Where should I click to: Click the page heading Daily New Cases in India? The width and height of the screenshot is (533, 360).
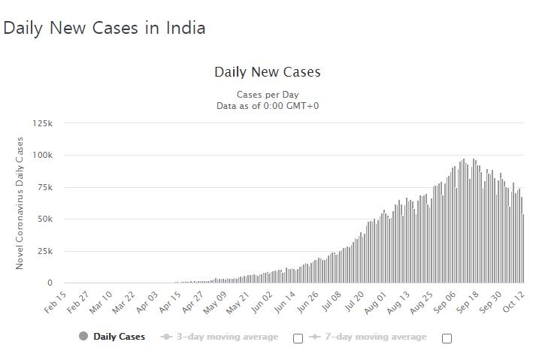(x=104, y=28)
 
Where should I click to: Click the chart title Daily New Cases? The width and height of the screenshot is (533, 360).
(x=267, y=72)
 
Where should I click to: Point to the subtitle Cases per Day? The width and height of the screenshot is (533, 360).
(x=267, y=95)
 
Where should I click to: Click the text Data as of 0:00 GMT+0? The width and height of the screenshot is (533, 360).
(x=267, y=106)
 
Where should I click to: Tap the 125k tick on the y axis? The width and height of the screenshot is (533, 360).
(x=42, y=123)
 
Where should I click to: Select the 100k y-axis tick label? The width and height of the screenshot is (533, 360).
(x=42, y=156)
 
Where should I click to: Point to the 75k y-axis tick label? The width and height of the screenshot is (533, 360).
(x=44, y=187)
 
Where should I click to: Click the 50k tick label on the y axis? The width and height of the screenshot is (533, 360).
(x=44, y=219)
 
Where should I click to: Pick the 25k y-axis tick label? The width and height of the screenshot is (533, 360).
(x=44, y=251)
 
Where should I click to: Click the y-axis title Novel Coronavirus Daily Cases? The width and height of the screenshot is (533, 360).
(x=20, y=203)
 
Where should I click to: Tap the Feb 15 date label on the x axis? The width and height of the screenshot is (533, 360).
(x=56, y=301)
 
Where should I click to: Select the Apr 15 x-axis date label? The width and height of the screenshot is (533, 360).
(x=170, y=301)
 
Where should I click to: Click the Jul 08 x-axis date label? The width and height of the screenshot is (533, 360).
(x=331, y=301)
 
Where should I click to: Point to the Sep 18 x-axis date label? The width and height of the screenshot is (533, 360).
(x=468, y=301)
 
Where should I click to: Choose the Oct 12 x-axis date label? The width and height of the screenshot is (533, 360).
(x=513, y=301)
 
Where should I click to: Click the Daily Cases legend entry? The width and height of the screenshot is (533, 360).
(x=119, y=337)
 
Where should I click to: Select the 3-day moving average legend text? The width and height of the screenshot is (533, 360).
(x=227, y=337)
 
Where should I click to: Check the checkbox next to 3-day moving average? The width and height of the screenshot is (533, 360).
(x=298, y=338)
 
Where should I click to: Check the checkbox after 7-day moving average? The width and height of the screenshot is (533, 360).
(x=447, y=338)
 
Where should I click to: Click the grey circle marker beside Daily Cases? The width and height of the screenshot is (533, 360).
(x=83, y=336)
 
